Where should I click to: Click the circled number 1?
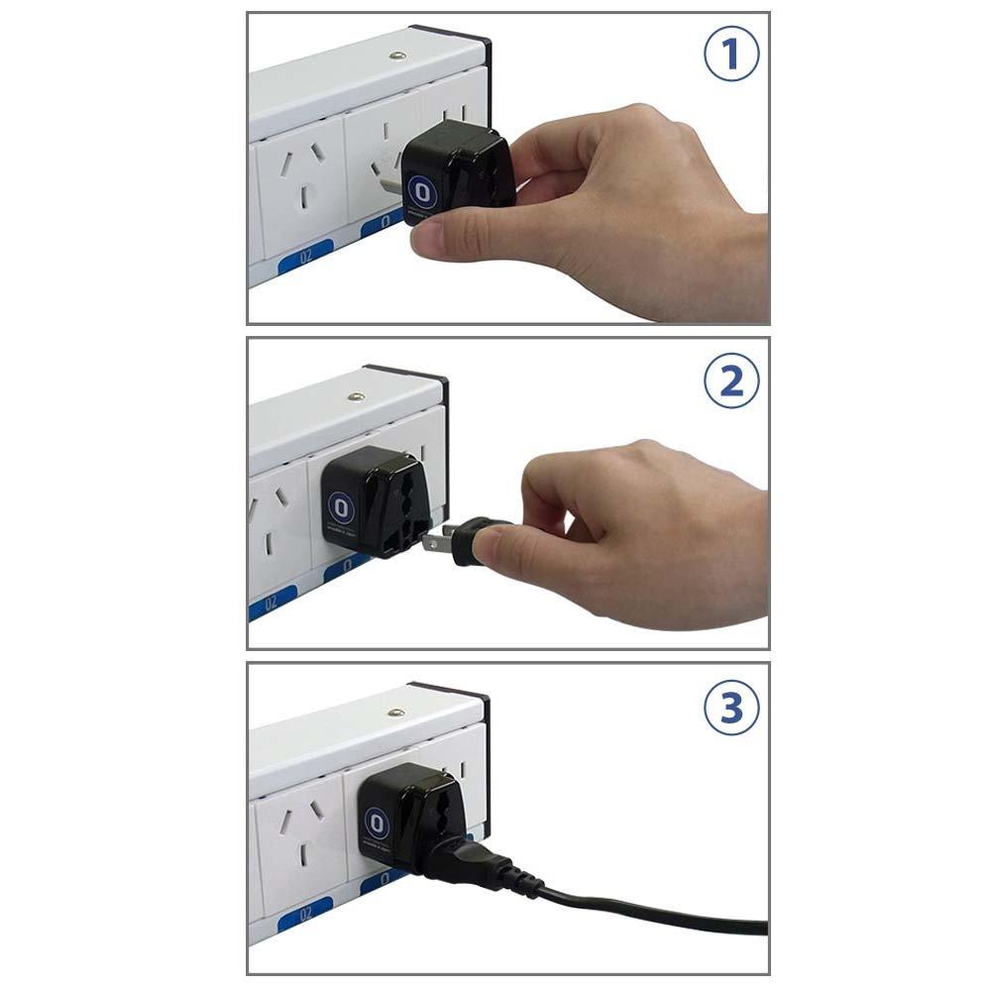(731, 55)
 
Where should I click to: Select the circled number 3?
(731, 708)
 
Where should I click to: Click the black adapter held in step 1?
(458, 178)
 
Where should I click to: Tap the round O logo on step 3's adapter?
(376, 822)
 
